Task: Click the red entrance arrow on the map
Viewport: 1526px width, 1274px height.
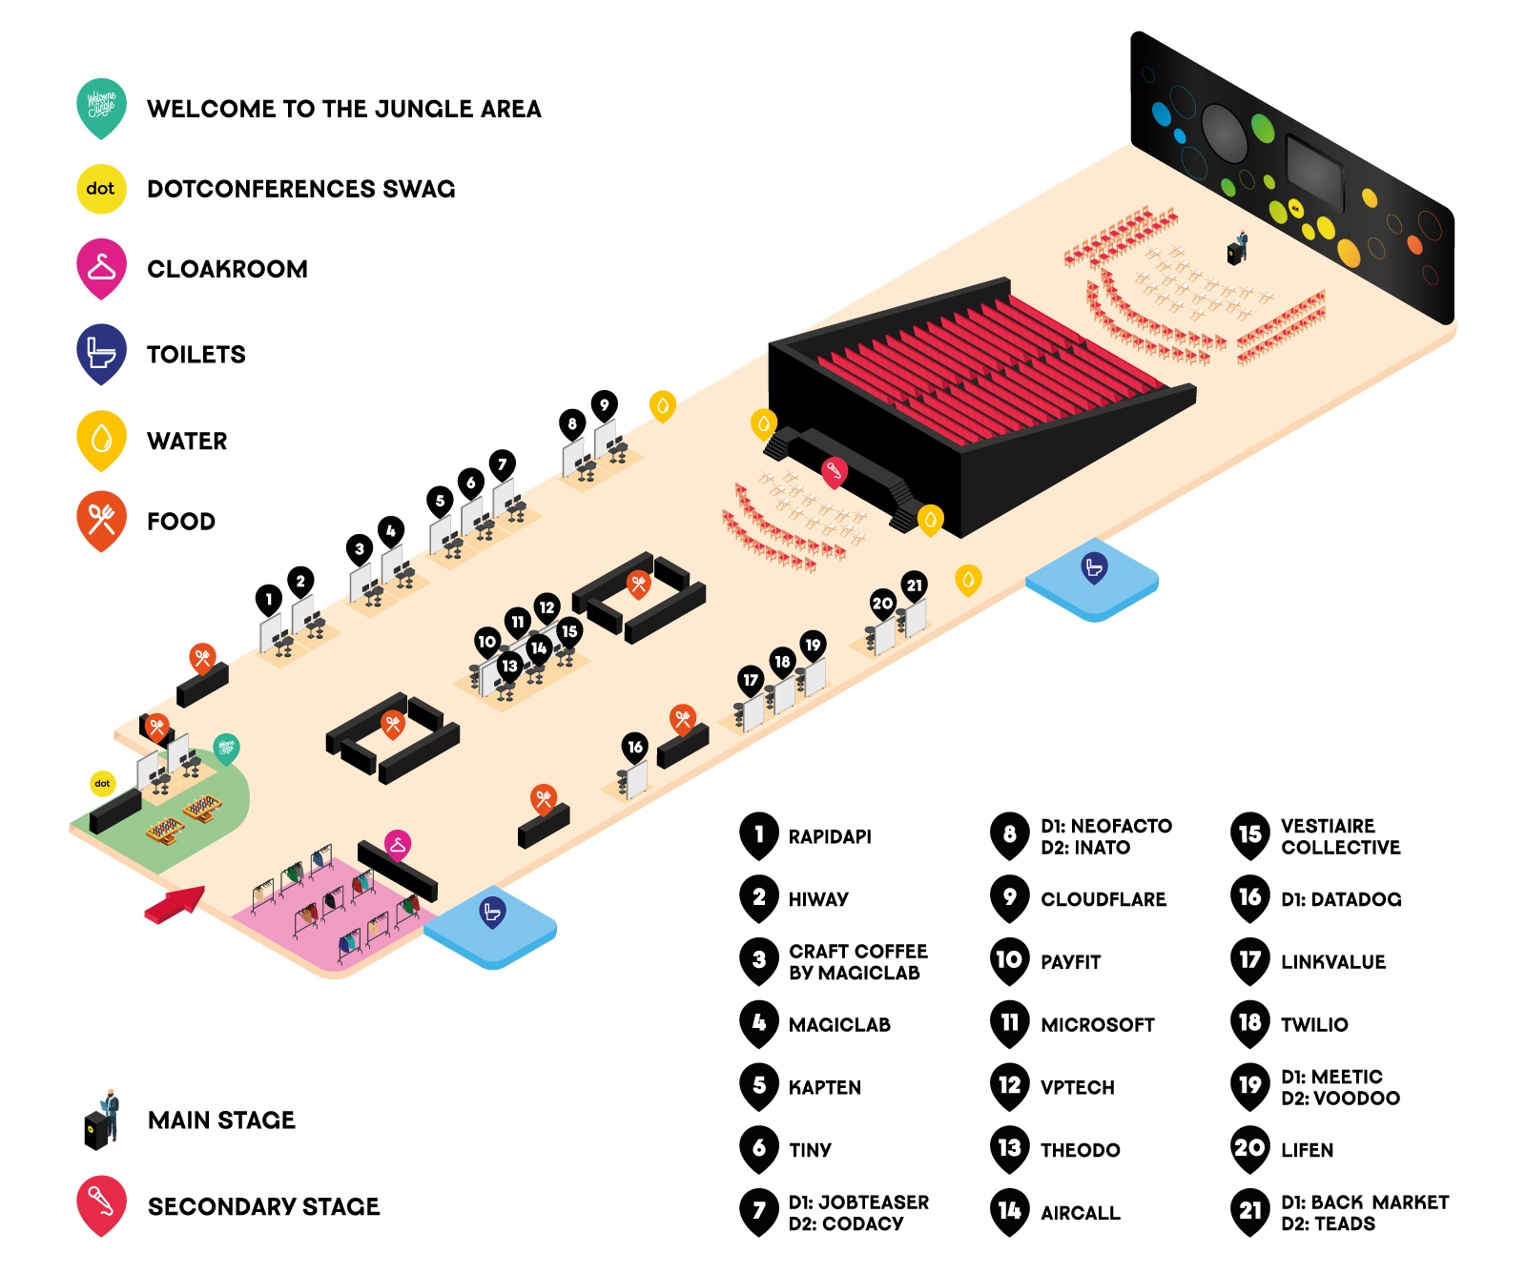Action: pyautogui.click(x=175, y=904)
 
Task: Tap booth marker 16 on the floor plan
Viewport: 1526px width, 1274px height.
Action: pyautogui.click(x=635, y=749)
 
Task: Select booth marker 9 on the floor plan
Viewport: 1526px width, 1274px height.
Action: pyautogui.click(x=604, y=406)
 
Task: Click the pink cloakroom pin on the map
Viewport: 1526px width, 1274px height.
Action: pyautogui.click(x=398, y=846)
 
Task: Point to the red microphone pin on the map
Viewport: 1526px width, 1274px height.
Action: pyautogui.click(x=835, y=471)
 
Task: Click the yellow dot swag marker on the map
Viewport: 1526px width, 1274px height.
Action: pyautogui.click(x=102, y=784)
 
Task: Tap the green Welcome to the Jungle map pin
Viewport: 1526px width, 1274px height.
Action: pyautogui.click(x=226, y=750)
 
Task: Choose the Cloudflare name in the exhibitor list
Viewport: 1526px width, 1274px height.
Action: pyautogui.click(x=1103, y=899)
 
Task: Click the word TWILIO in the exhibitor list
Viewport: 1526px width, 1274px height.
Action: pyautogui.click(x=1314, y=1025)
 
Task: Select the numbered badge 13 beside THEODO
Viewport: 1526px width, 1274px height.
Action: pyautogui.click(x=1010, y=1149)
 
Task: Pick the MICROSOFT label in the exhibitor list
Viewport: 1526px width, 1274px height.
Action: pyautogui.click(x=1098, y=1025)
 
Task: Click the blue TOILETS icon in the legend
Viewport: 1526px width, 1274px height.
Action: pyautogui.click(x=101, y=353)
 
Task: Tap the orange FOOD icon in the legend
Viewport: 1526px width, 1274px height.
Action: pyautogui.click(x=101, y=520)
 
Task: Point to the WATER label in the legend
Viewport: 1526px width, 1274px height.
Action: pyautogui.click(x=187, y=442)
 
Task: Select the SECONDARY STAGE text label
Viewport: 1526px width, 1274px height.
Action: pyautogui.click(x=263, y=1207)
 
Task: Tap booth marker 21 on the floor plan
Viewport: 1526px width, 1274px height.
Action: pyautogui.click(x=915, y=586)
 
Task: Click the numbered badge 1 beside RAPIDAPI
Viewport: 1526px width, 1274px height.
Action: pyautogui.click(x=759, y=835)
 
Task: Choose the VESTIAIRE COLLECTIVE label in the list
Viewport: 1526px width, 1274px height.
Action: pyautogui.click(x=1341, y=836)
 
